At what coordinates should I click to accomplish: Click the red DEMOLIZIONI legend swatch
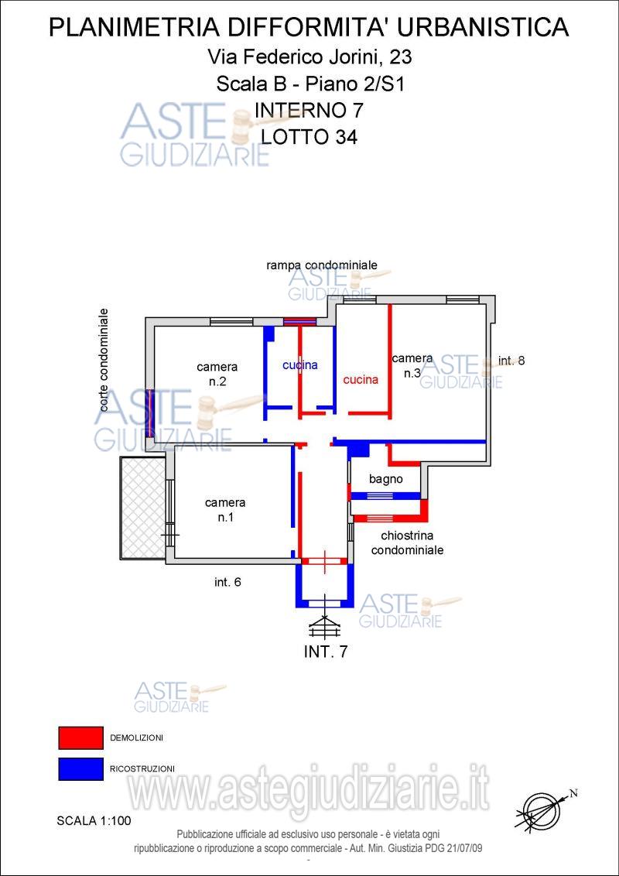80,737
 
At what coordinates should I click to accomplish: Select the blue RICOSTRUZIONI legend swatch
80,768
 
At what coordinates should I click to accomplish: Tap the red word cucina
361,380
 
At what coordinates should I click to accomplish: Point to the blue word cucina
300,365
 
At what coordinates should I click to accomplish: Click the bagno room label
386,479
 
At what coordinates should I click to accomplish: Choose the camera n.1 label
225,509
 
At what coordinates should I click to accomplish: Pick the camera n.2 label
217,375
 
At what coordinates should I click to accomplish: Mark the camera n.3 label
412,366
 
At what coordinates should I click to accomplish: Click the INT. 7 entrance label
327,652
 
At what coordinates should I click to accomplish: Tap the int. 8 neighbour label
511,361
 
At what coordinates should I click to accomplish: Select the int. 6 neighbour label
227,582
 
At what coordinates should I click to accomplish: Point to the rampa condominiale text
322,265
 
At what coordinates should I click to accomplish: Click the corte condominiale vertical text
103,361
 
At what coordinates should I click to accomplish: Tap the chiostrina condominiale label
407,542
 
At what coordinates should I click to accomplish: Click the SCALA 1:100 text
94,821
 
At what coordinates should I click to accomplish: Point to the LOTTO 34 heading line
309,137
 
